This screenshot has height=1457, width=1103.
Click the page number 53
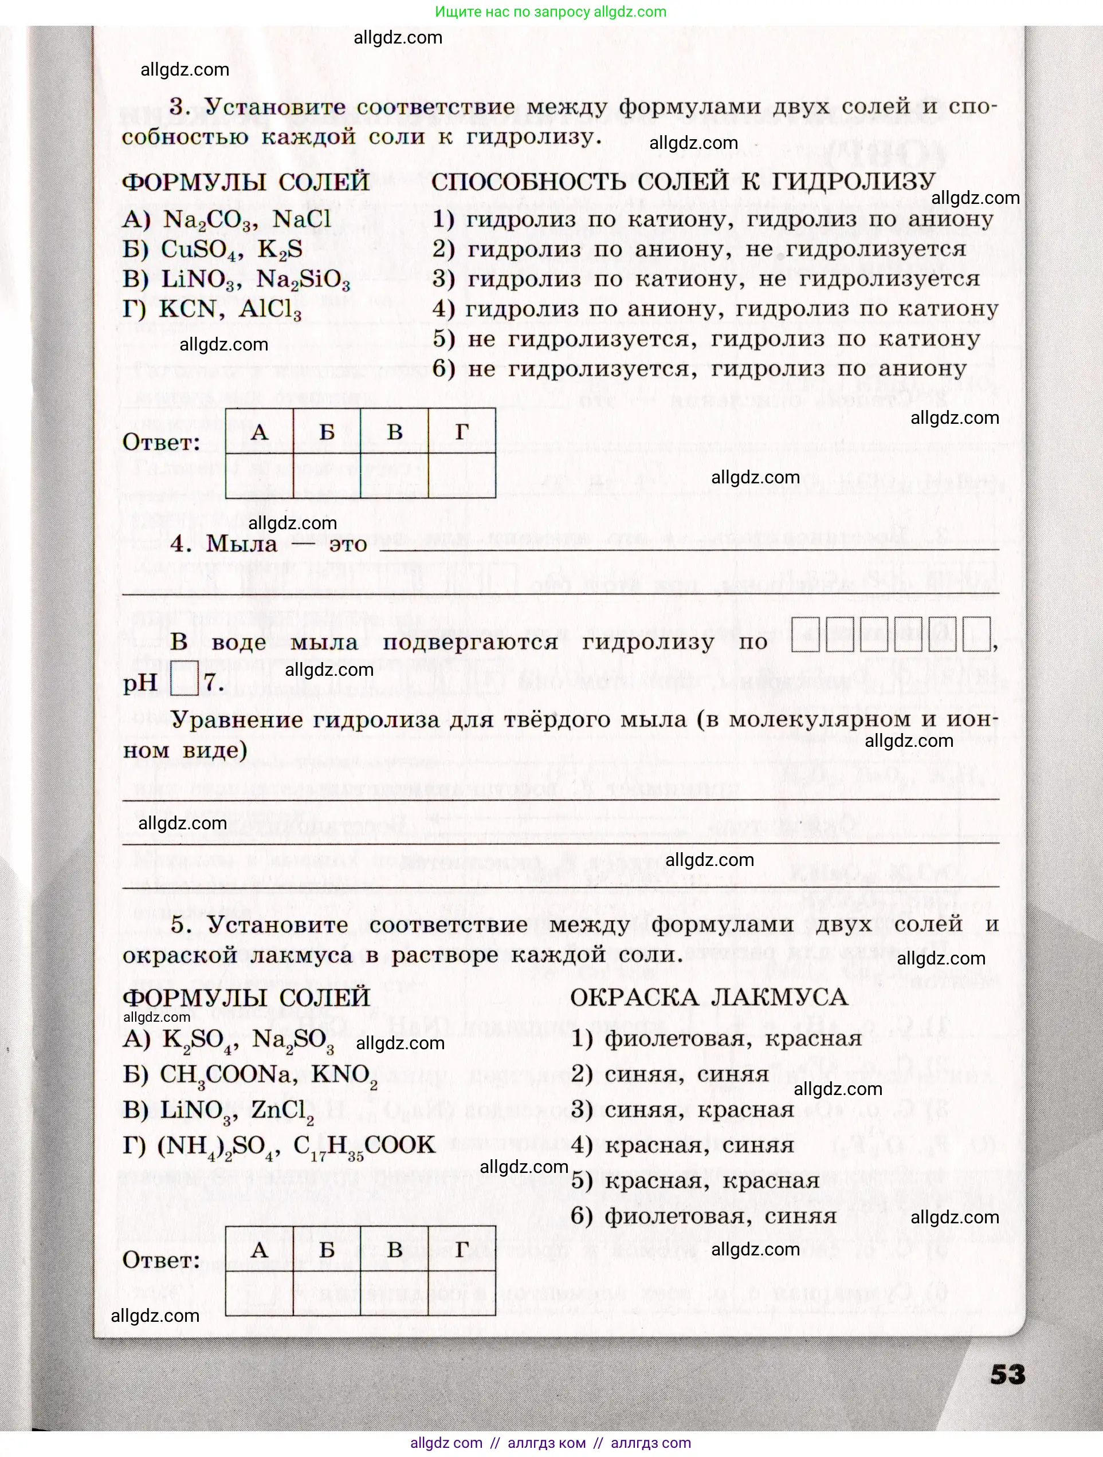(x=1007, y=1375)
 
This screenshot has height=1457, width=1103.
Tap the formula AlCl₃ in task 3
(x=270, y=310)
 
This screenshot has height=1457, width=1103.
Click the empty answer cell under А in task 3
(x=260, y=475)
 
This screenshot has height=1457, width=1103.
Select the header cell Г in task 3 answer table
(x=462, y=431)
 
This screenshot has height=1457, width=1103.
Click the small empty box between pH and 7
(x=184, y=679)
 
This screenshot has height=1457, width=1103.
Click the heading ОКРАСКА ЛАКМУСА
(x=708, y=997)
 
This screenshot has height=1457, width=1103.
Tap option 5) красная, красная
(x=695, y=1180)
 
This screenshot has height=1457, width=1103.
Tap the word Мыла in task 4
(x=242, y=544)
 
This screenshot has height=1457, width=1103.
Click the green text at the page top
(x=551, y=12)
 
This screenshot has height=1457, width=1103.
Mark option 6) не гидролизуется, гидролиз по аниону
(x=699, y=369)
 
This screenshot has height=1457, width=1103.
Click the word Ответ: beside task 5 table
(x=161, y=1260)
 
